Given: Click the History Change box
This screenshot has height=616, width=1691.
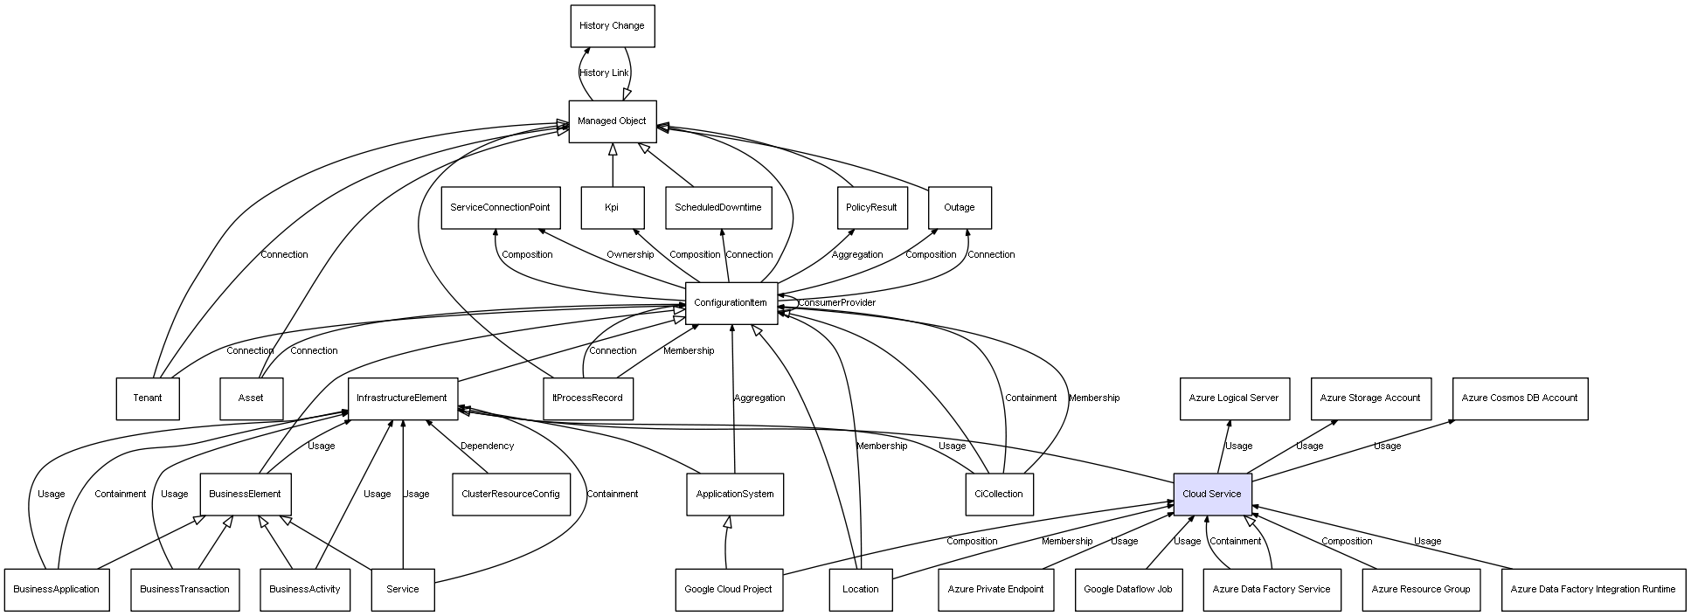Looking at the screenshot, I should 612,26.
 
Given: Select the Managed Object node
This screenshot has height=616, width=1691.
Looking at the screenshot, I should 612,121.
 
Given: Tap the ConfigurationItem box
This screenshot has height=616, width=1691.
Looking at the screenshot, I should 731,303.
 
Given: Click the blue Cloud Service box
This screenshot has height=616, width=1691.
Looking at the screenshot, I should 1211,495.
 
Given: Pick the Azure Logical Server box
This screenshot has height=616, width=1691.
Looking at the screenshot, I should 1233,398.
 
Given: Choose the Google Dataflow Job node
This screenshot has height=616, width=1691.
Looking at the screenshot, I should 1127,590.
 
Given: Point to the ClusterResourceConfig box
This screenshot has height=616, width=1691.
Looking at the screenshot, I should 510,495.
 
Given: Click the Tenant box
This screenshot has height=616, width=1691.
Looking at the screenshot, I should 148,398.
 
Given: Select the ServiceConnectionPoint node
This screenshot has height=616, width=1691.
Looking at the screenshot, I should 500,208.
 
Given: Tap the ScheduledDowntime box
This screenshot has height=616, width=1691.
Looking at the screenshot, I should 717,208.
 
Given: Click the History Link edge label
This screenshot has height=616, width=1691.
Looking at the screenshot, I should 604,73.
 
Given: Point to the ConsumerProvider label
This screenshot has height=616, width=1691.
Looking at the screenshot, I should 836,303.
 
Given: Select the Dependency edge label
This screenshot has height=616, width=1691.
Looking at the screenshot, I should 487,446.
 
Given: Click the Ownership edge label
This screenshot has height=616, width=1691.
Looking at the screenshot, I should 630,255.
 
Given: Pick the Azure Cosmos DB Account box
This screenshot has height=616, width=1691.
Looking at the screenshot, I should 1519,398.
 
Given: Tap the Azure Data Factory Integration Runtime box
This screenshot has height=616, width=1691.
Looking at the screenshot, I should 1592,590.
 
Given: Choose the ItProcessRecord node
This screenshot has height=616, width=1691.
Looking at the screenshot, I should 587,398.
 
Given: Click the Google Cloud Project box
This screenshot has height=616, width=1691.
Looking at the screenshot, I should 728,590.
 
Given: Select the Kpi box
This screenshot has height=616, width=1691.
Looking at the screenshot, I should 612,208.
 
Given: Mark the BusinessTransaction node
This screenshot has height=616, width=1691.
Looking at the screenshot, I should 184,590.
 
